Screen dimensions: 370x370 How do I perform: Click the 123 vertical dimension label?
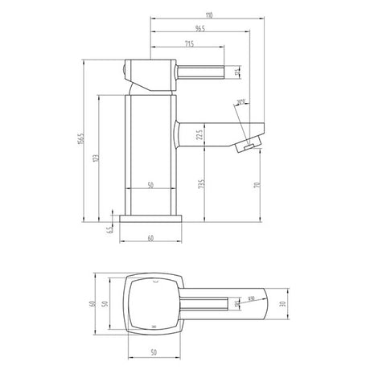click(x=97, y=158)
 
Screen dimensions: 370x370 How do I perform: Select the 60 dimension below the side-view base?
click(x=150, y=238)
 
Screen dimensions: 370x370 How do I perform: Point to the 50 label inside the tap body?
click(x=150, y=186)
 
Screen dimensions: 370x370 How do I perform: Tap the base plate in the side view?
click(x=150, y=219)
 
